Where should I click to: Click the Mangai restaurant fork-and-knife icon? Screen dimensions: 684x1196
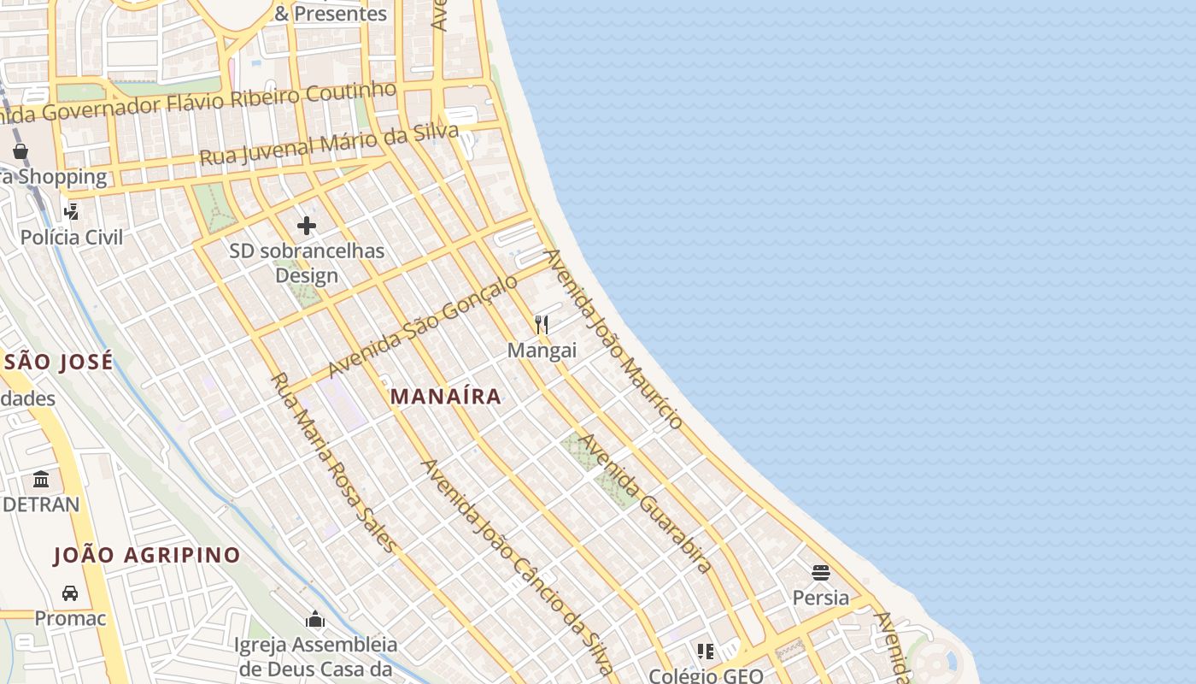pyautogui.click(x=542, y=325)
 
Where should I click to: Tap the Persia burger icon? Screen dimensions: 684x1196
pyautogui.click(x=821, y=572)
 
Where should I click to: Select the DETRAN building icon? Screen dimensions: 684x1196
pyautogui.click(x=41, y=479)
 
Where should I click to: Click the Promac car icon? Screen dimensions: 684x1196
pyautogui.click(x=70, y=593)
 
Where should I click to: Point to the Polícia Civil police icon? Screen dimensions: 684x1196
pyautogui.click(x=72, y=211)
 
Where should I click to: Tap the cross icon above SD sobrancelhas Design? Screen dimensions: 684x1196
pyautogui.click(x=307, y=226)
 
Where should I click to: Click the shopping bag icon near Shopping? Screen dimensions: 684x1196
pyautogui.click(x=21, y=151)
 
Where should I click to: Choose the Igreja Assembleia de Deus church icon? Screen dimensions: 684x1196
pyautogui.click(x=316, y=619)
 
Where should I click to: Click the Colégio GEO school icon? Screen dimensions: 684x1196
pyautogui.click(x=705, y=652)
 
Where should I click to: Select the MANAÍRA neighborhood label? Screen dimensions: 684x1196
pyautogui.click(x=445, y=397)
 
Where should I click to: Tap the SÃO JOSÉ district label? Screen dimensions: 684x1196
pyautogui.click(x=58, y=362)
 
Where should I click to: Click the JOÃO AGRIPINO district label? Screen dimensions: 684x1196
pyautogui.click(x=147, y=556)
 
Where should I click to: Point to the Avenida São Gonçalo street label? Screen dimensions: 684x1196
pyautogui.click(x=423, y=325)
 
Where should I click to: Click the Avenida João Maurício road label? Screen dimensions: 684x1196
pyautogui.click(x=614, y=339)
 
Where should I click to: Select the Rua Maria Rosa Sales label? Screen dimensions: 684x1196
pyautogui.click(x=334, y=462)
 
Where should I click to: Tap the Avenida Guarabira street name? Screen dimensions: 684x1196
pyautogui.click(x=646, y=503)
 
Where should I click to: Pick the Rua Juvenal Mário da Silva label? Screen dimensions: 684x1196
pyautogui.click(x=329, y=144)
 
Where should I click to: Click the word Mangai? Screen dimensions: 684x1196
pyautogui.click(x=542, y=351)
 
